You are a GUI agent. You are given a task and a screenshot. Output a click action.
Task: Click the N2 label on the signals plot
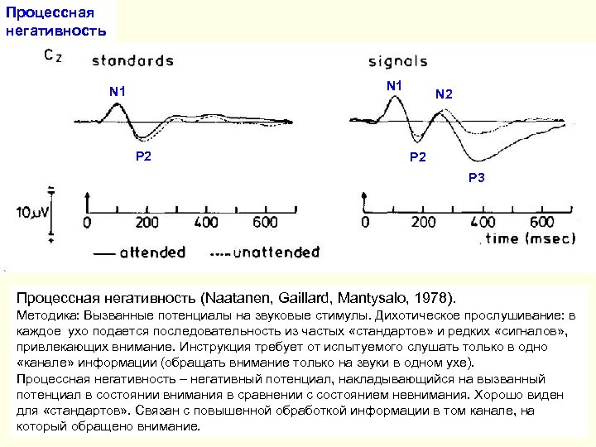coord(444,95)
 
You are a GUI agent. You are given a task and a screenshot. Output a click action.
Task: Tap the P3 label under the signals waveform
coord(478,177)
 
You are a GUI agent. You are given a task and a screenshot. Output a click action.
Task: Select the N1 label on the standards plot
coord(118,91)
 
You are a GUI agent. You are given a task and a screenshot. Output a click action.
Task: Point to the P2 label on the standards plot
coord(143,156)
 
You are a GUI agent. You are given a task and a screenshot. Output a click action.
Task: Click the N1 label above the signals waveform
coord(394,85)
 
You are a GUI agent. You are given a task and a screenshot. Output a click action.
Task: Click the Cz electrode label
coord(50,57)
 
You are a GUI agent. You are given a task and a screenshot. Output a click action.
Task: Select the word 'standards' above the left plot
coord(132,60)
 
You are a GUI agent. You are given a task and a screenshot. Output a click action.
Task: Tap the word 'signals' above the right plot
coord(397,61)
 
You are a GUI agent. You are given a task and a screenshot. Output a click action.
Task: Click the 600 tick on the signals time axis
coord(542,223)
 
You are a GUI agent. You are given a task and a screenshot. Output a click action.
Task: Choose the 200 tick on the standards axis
coord(147,223)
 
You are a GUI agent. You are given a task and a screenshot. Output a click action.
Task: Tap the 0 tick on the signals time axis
coord(365,223)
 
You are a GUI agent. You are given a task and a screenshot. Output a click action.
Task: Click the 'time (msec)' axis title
coord(526,238)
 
